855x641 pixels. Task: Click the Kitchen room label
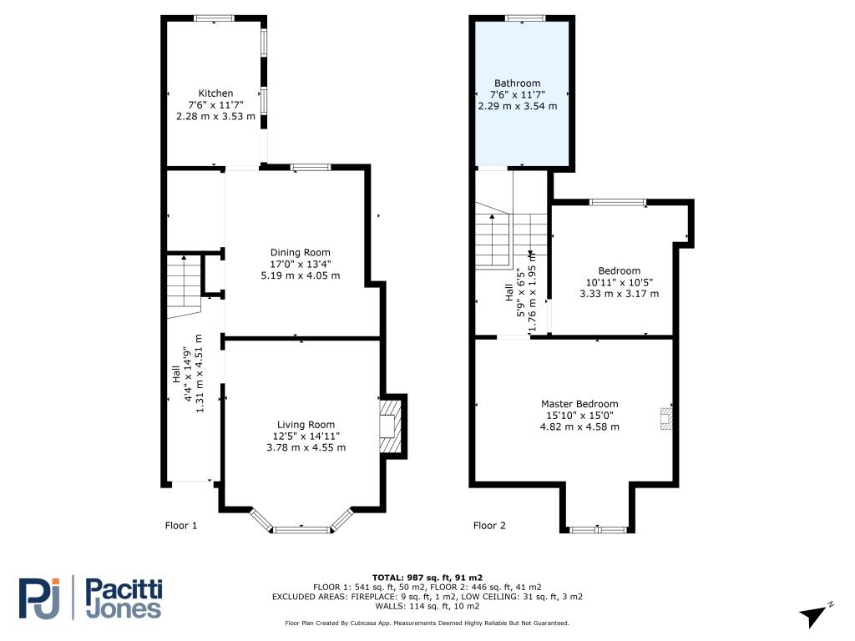[215, 93]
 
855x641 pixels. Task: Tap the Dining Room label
[301, 252]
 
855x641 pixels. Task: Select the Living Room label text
[306, 425]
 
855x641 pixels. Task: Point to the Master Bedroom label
[579, 404]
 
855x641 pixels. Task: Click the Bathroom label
[518, 83]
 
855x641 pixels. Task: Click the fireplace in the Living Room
[392, 426]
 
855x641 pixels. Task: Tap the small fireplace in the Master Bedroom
[665, 418]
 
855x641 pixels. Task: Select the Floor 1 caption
[181, 526]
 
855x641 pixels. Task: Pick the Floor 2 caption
[489, 526]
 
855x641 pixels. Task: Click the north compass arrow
[814, 615]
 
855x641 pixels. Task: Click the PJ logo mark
[39, 598]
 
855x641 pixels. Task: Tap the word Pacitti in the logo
[124, 590]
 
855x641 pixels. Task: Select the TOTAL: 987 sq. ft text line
[427, 578]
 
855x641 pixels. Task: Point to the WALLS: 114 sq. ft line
[427, 606]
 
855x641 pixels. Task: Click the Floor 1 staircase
[185, 285]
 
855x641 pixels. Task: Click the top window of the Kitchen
[215, 18]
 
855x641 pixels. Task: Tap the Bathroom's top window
[525, 18]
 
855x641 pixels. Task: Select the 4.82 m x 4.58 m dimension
[579, 426]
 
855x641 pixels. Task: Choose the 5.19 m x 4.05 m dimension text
[301, 275]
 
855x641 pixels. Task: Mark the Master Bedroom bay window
[598, 529]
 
